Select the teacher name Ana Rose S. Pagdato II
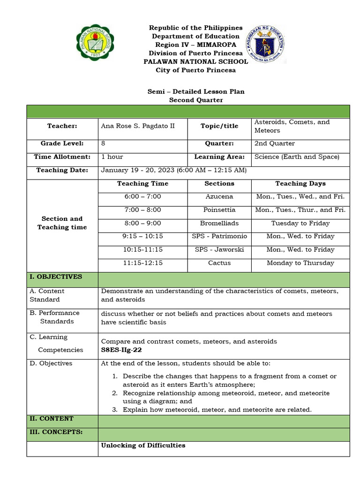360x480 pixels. [x=138, y=126]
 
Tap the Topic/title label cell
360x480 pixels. [x=219, y=126]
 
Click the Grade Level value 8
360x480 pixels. [x=103, y=143]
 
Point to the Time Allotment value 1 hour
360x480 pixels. [x=112, y=157]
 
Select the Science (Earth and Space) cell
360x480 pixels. [x=297, y=157]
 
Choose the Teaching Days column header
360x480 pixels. [x=300, y=184]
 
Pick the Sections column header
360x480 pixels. [x=219, y=184]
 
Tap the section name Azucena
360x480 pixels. [x=219, y=197]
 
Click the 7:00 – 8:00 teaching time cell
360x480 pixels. [x=142, y=210]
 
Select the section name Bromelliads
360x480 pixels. [x=219, y=223]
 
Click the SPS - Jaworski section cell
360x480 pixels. [x=219, y=250]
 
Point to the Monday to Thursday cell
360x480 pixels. [x=300, y=263]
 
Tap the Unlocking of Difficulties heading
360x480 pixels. [x=143, y=445]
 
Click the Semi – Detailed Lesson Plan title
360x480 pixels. [x=196, y=92]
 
